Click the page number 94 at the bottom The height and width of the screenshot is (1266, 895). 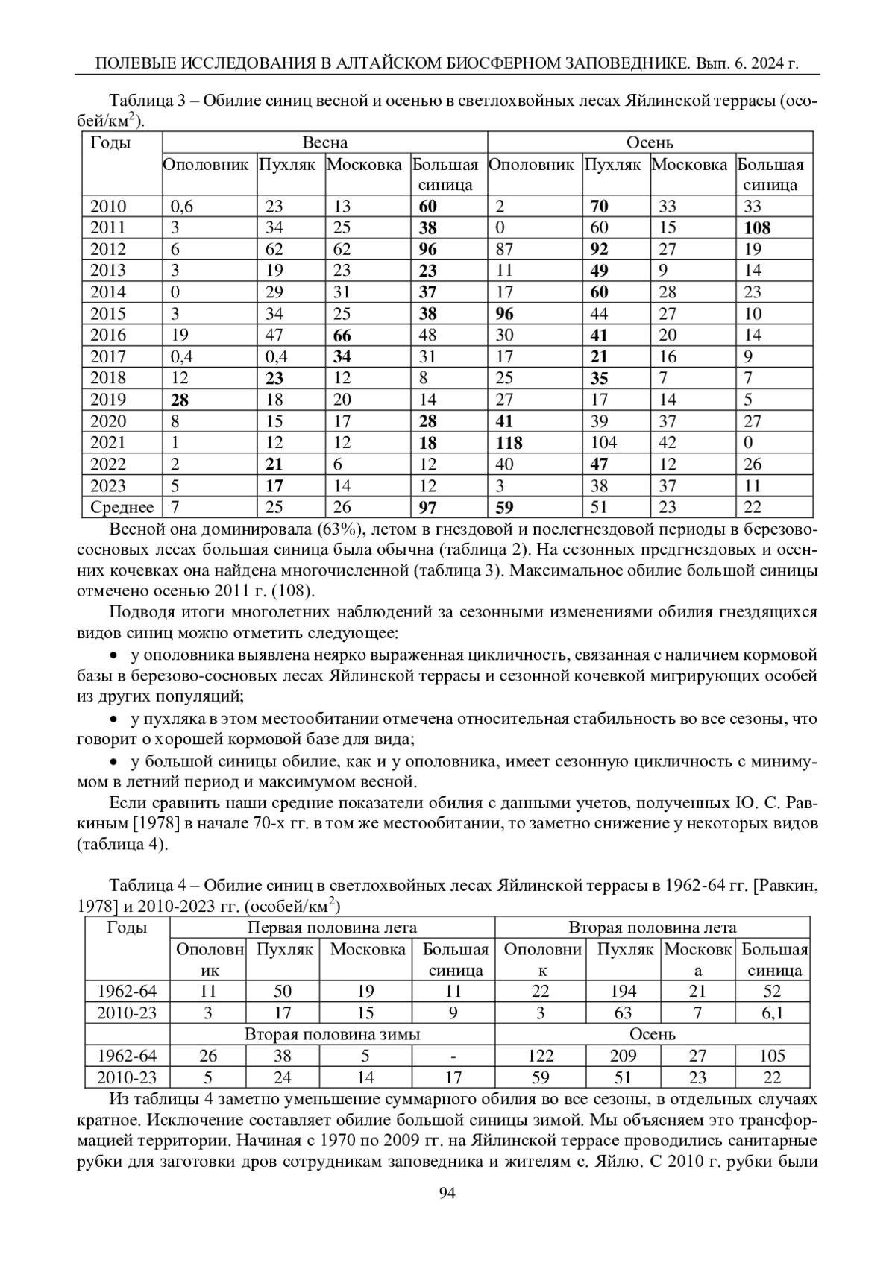click(x=447, y=1193)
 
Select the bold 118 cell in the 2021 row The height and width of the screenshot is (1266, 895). click(x=510, y=443)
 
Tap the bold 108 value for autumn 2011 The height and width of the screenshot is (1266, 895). click(x=757, y=228)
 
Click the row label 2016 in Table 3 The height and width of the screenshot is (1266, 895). click(x=108, y=336)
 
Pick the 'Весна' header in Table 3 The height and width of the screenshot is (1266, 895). click(x=324, y=142)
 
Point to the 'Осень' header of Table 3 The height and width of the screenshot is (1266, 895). click(x=650, y=142)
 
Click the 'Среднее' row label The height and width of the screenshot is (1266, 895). click(x=122, y=508)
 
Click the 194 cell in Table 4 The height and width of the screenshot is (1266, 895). click(x=624, y=992)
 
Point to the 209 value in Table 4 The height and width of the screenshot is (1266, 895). click(x=624, y=1056)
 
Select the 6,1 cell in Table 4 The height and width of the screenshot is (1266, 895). click(x=773, y=1013)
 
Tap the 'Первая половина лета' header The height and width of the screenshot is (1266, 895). click(x=332, y=928)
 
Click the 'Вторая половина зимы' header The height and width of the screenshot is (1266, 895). click(x=332, y=1034)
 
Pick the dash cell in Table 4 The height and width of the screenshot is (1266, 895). click(x=453, y=1056)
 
